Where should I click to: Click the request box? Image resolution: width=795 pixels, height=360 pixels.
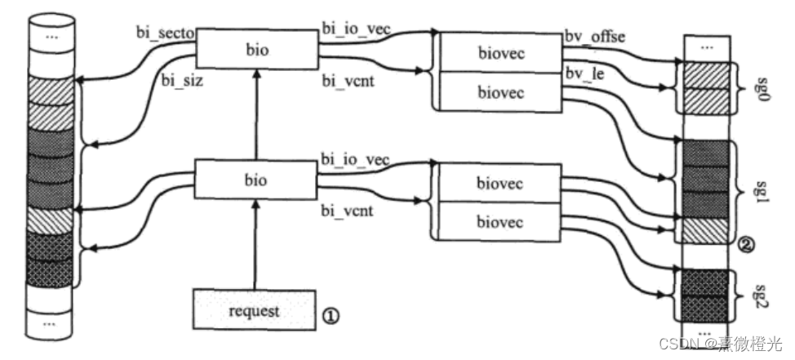pos(253,310)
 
